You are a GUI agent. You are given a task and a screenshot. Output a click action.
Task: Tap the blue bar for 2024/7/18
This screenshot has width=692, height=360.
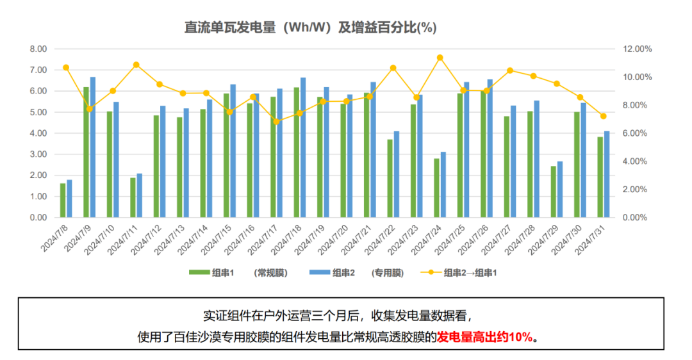tap(302, 148)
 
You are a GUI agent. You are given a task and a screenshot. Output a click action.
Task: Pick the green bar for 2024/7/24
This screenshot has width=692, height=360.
tap(436, 188)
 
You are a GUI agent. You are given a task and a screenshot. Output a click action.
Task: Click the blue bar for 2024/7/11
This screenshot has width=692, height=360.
tap(139, 195)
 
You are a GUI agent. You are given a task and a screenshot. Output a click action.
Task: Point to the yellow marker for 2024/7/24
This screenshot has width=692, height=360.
tap(440, 58)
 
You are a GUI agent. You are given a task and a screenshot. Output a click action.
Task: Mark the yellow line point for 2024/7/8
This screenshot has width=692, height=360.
tap(66, 68)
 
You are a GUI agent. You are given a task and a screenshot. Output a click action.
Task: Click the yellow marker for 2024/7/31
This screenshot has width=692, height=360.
tap(603, 116)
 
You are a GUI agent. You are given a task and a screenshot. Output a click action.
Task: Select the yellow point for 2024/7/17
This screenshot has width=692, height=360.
tap(276, 122)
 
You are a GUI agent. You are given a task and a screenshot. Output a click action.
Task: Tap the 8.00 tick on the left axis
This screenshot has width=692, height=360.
tap(38, 49)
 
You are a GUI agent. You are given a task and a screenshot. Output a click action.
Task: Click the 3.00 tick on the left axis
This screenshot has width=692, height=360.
tap(38, 154)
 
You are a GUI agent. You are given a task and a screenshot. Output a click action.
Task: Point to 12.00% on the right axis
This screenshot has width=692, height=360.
tap(638, 49)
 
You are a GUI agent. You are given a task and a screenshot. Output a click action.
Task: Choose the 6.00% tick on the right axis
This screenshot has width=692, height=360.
tap(638, 133)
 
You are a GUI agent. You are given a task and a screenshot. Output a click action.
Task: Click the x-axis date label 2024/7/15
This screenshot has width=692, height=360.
tap(218, 238)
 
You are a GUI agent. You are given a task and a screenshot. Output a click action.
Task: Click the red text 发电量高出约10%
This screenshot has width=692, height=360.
tap(484, 336)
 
